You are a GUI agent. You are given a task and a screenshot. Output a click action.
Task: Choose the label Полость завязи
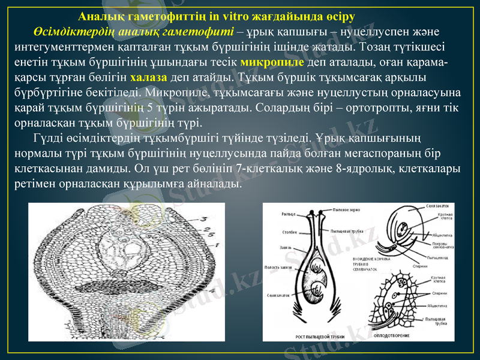[x=278, y=268]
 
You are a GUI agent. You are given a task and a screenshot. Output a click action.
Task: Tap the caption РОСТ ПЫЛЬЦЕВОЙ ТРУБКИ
[x=320, y=337]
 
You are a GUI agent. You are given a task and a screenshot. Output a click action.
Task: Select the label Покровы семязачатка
[x=443, y=245]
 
